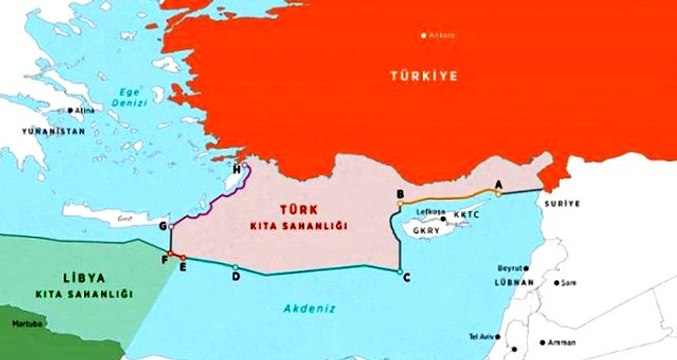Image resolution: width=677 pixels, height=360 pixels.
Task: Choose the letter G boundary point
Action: [x=171, y=227]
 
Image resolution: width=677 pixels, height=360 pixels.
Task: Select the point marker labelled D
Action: [x=235, y=267]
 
